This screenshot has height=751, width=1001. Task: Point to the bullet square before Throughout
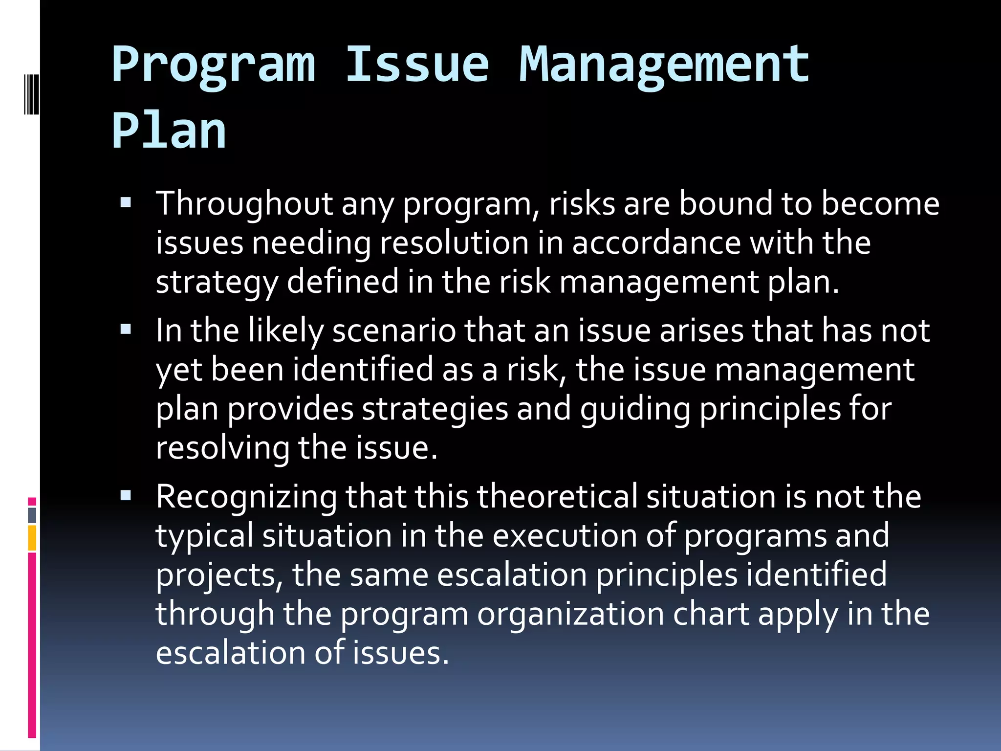pos(126,202)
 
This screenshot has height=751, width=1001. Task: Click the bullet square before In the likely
pos(126,330)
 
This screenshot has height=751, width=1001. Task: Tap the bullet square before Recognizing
pos(126,496)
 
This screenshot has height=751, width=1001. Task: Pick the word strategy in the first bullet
pos(217,283)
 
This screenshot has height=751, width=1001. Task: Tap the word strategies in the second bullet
pos(435,409)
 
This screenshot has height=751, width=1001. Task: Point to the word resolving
pos(222,448)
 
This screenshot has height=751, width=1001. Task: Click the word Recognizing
pos(246,498)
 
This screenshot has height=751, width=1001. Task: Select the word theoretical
pos(557,497)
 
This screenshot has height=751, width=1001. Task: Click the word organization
pos(570,614)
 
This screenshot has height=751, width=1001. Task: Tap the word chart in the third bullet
pos(711,614)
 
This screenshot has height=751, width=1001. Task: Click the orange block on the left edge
pos(32,538)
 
